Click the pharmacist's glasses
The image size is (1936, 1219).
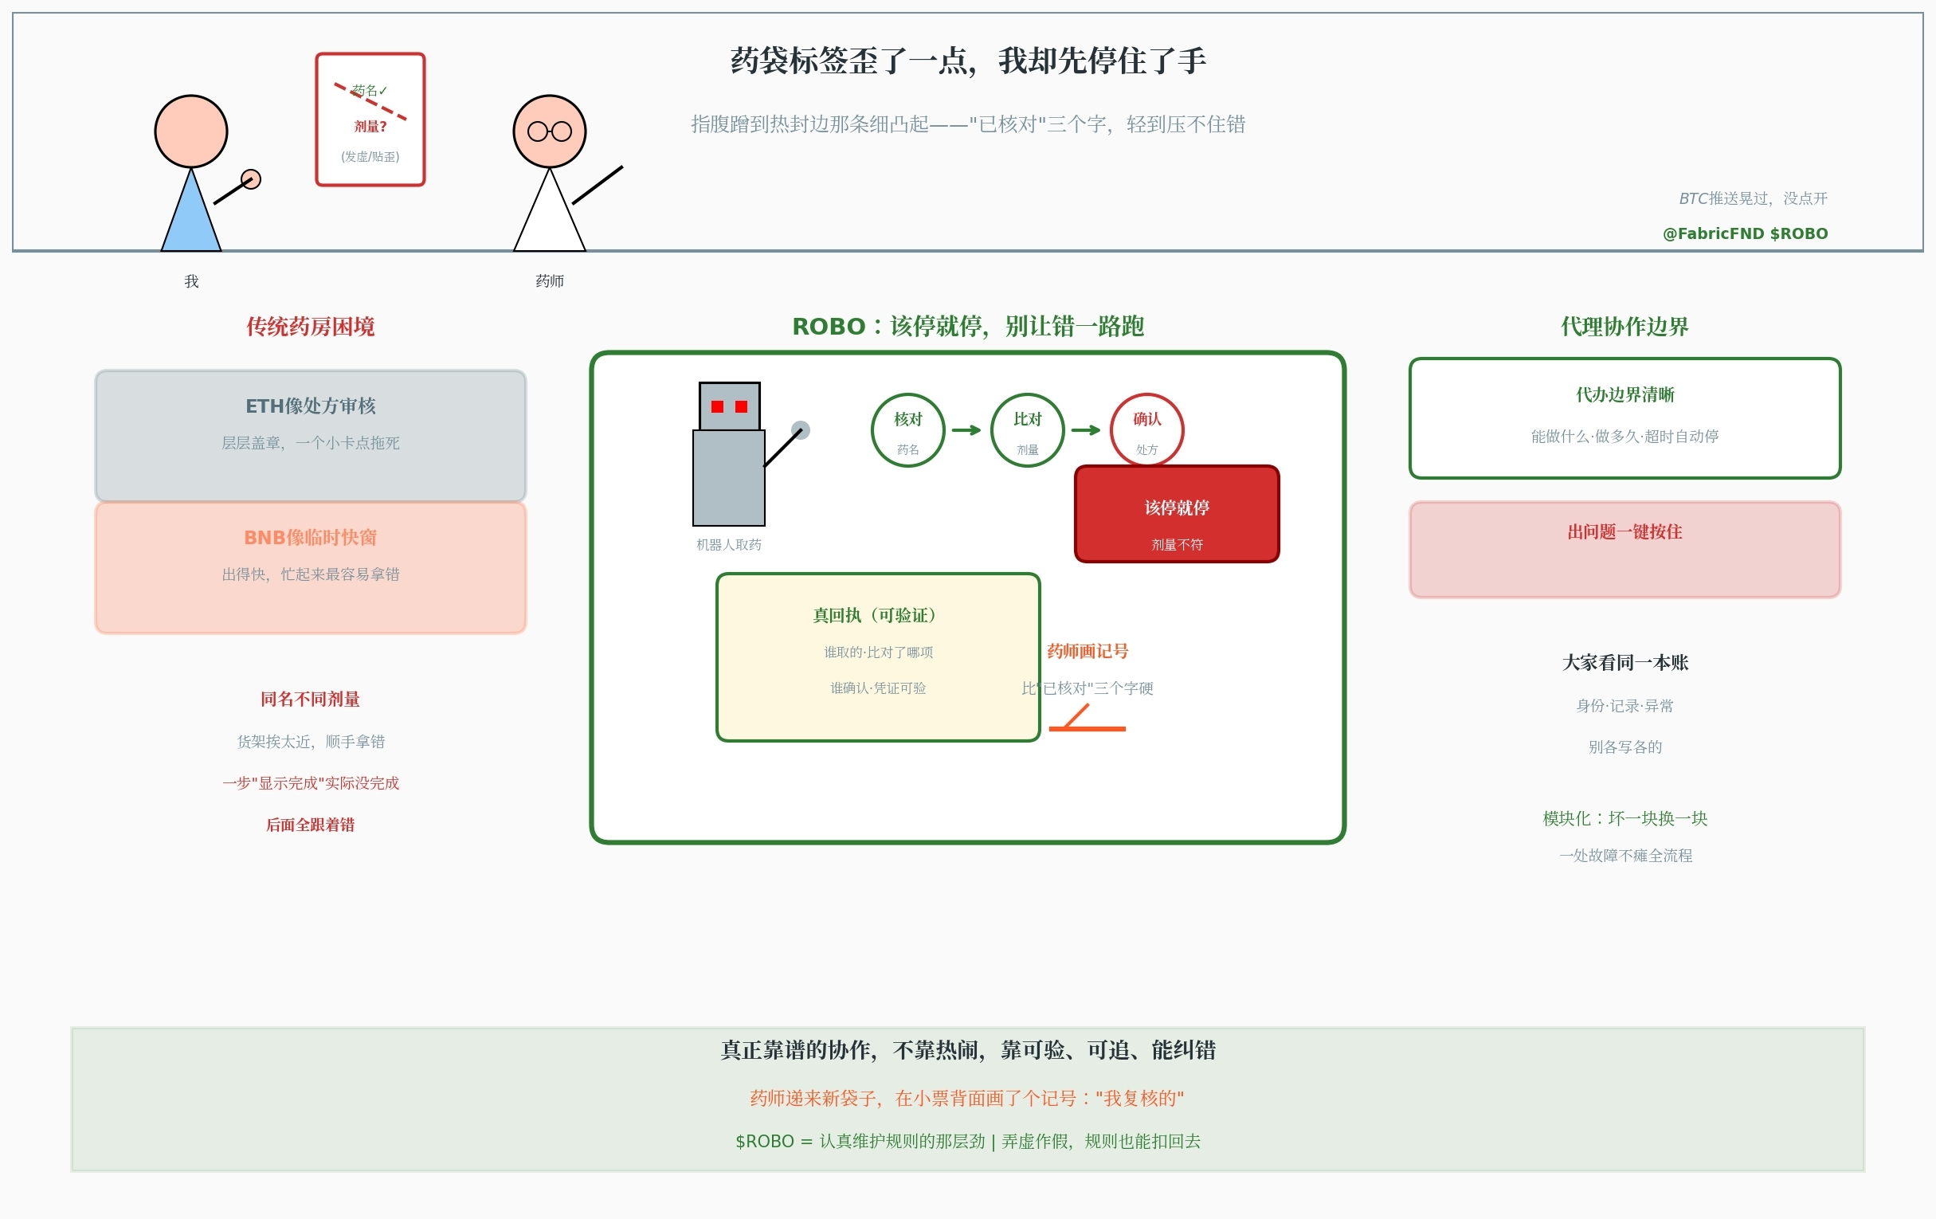pyautogui.click(x=549, y=131)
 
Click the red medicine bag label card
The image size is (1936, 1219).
pyautogui.click(x=370, y=119)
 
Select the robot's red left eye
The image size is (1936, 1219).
pyautogui.click(x=717, y=407)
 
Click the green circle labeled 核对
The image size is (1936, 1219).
pyautogui.click(x=907, y=429)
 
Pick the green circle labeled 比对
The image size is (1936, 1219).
pyautogui.click(x=1027, y=429)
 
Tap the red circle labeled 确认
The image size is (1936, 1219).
pyautogui.click(x=1146, y=429)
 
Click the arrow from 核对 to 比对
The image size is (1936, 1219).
pyautogui.click(x=966, y=430)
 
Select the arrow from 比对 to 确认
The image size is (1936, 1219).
pyautogui.click(x=1085, y=430)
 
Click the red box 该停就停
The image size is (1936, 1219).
pyautogui.click(x=1176, y=515)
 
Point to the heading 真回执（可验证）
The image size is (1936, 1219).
pyautogui.click(x=877, y=615)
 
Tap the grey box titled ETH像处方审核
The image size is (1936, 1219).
pyautogui.click(x=311, y=435)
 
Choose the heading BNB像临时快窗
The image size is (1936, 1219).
pyautogui.click(x=311, y=537)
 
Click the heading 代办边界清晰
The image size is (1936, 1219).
pyautogui.click(x=1624, y=395)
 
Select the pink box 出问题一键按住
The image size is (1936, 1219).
pyautogui.click(x=1624, y=549)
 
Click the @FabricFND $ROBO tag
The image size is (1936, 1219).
pyautogui.click(x=1745, y=233)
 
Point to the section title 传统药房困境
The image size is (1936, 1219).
pyautogui.click(x=311, y=327)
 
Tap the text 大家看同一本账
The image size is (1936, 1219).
pyautogui.click(x=1624, y=663)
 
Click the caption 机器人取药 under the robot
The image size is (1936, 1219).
pyautogui.click(x=728, y=544)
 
